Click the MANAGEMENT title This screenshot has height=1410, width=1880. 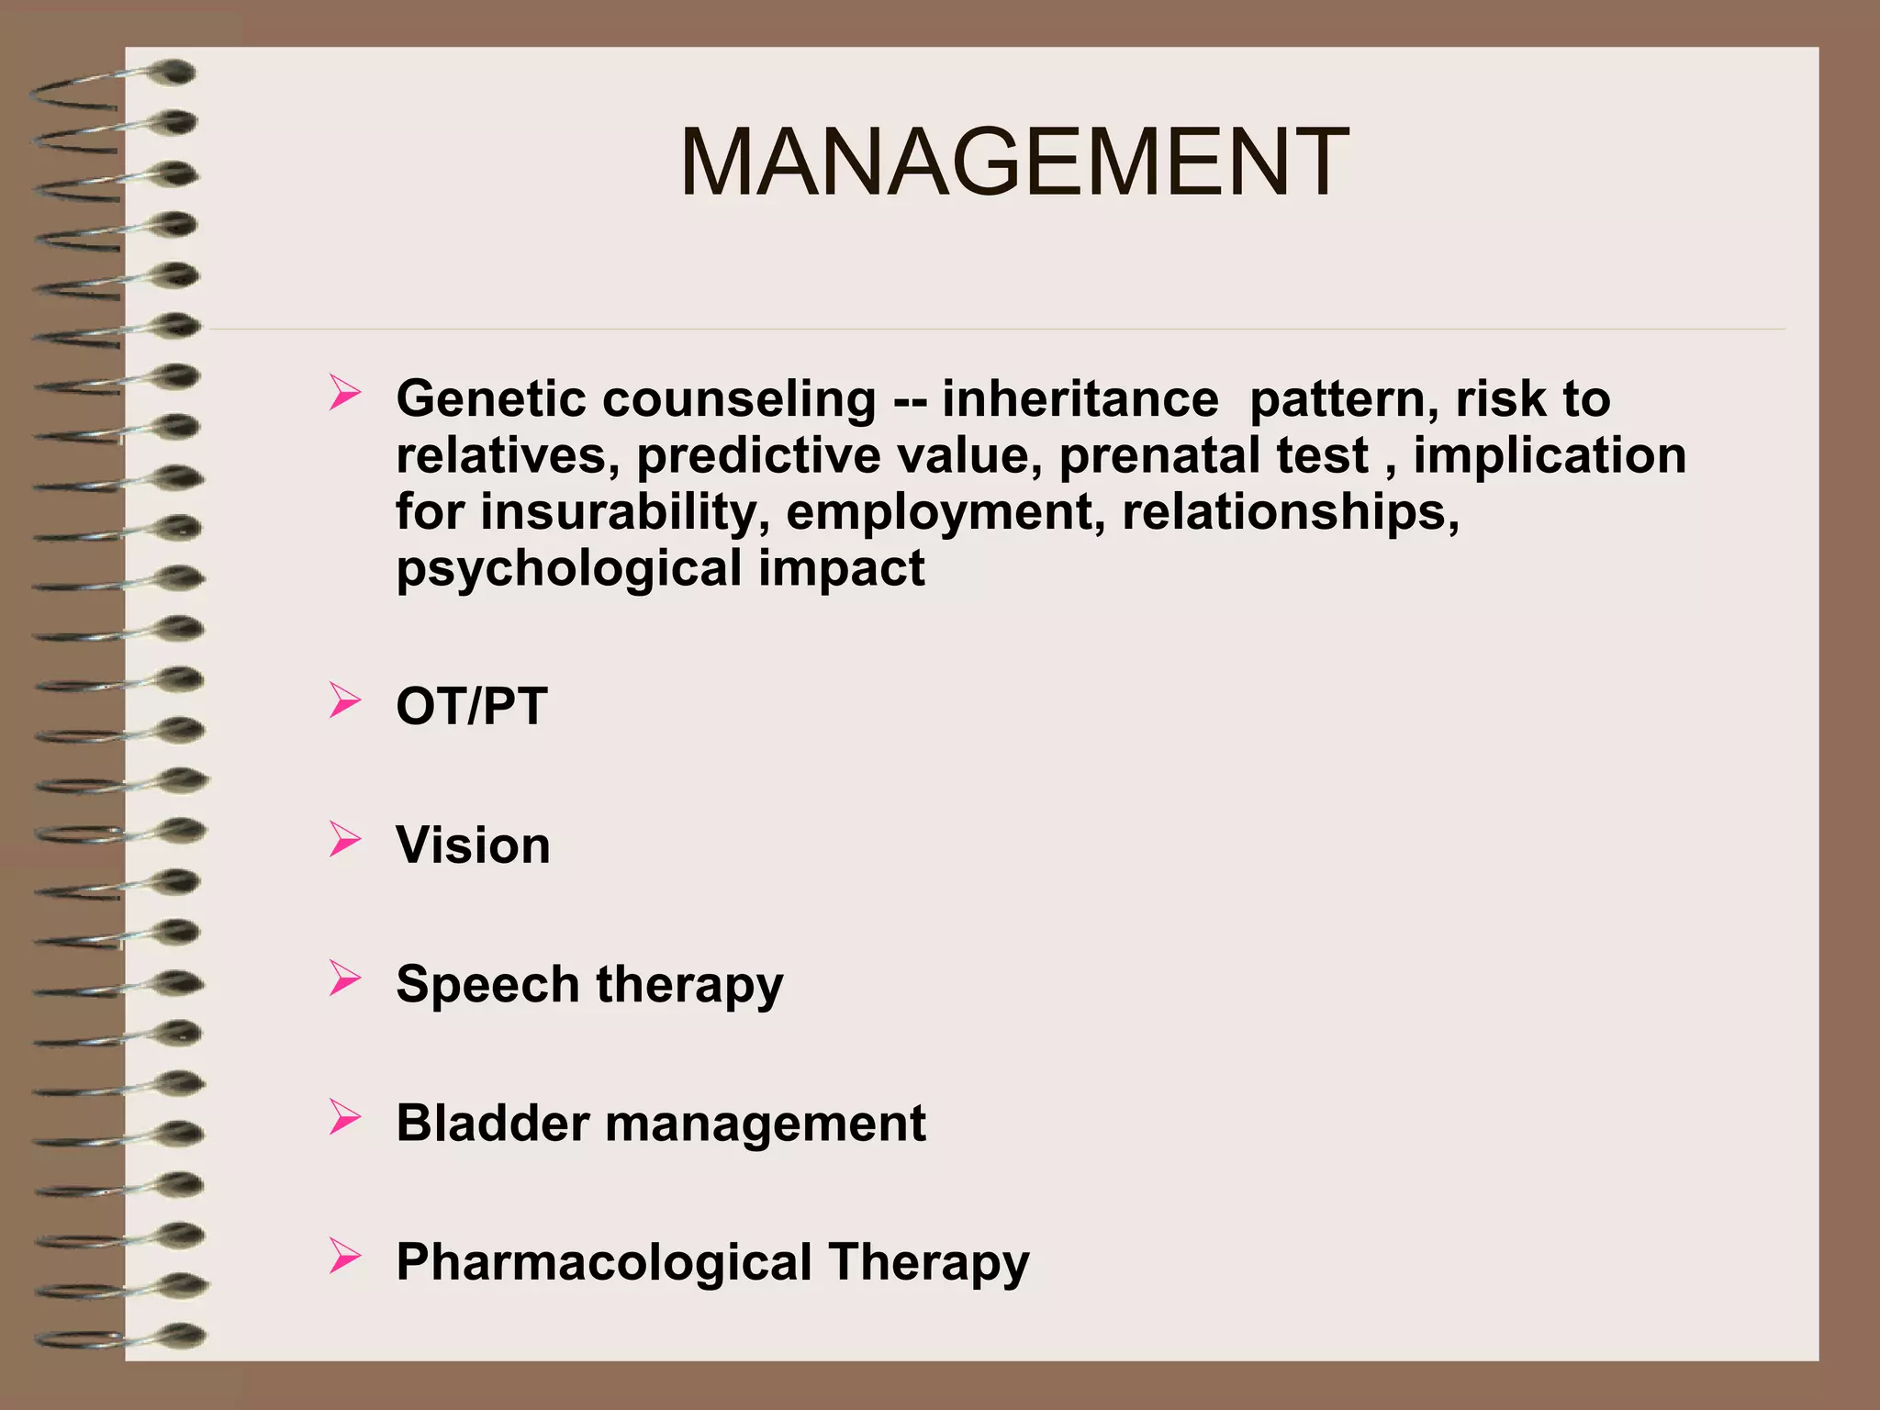pos(1013,163)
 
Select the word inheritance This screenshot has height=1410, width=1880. pos(1080,399)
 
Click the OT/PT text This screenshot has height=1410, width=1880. pos(471,707)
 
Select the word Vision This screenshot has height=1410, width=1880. pos(473,845)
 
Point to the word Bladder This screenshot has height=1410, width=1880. pos(492,1124)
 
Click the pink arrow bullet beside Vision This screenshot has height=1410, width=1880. pos(344,840)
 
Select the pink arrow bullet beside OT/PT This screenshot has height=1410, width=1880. pos(344,701)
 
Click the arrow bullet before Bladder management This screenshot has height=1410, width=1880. pos(344,1117)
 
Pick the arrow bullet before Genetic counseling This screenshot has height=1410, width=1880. pos(344,394)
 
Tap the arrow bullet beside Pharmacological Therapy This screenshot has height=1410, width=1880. pos(344,1256)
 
